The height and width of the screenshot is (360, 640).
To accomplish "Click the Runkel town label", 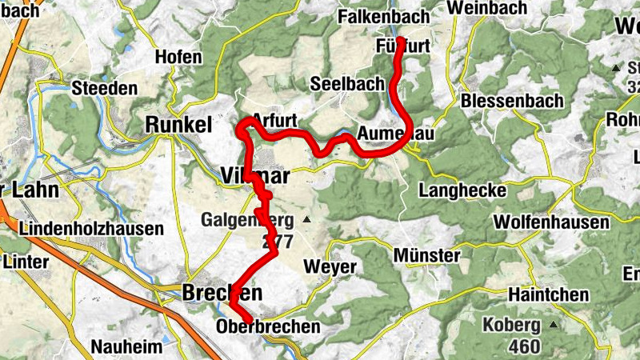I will coord(178,125).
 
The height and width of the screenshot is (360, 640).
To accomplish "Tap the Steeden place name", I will coord(105,88).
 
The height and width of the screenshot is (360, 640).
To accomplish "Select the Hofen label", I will coord(178,57).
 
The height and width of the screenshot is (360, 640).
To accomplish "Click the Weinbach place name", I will coord(488,8).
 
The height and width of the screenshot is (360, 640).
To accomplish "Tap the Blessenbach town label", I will coord(512,102).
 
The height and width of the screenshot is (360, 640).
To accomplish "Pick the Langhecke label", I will coord(462,191).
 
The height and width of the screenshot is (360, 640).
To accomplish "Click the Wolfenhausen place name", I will coord(552,222).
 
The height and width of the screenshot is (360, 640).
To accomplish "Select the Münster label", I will coord(427,256).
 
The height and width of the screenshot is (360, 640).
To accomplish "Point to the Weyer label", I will coord(330,266).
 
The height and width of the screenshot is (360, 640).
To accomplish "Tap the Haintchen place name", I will coord(548,295).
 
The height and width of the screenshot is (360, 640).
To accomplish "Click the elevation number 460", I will coord(523,347).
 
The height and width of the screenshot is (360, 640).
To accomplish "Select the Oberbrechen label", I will coord(268,326).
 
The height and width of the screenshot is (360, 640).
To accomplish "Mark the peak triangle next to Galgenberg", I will coord(305,219).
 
